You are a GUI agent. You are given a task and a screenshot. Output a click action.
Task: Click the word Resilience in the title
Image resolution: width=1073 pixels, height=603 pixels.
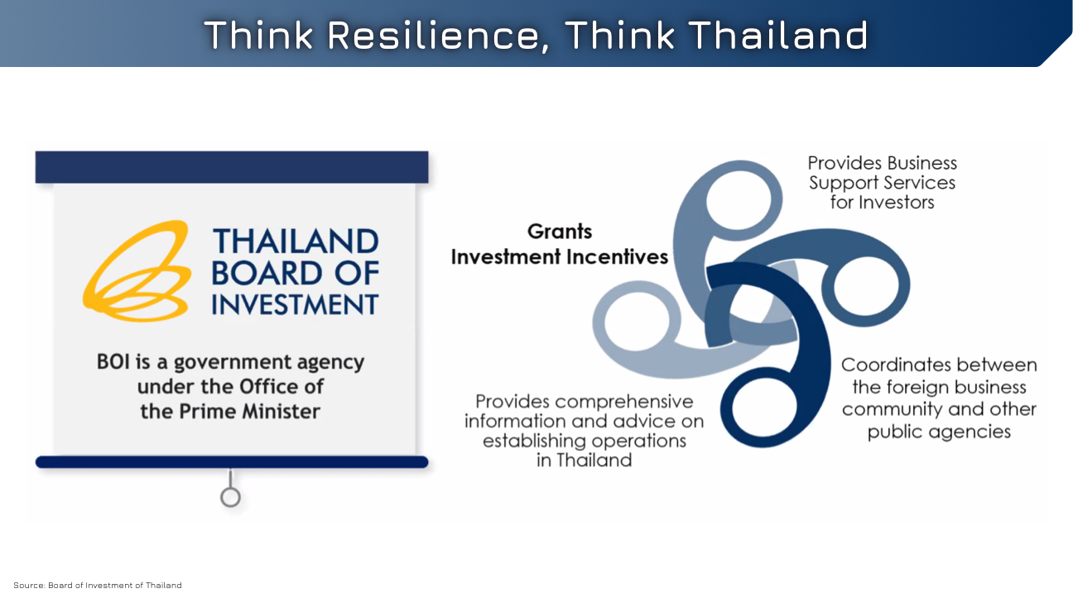(x=439, y=36)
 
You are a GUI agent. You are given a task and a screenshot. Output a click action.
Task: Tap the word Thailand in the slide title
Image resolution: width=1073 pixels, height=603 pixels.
(x=780, y=36)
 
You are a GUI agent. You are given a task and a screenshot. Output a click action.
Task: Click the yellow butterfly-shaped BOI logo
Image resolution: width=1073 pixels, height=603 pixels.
(x=137, y=270)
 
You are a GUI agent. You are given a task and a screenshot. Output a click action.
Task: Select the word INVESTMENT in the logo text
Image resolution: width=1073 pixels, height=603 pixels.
(x=295, y=304)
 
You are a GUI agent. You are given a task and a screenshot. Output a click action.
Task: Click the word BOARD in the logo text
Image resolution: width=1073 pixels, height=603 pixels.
(x=269, y=273)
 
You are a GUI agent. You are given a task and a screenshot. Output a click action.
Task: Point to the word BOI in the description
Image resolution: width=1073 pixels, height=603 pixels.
(x=113, y=361)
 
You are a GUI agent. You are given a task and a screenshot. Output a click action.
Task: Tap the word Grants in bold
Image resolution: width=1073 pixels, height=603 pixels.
(x=560, y=232)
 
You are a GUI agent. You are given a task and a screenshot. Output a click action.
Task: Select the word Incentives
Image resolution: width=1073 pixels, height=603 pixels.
(x=617, y=257)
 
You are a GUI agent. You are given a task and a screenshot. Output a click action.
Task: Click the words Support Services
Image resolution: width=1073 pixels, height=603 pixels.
(x=882, y=183)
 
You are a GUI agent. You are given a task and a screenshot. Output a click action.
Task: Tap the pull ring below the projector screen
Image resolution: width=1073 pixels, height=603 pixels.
(x=230, y=497)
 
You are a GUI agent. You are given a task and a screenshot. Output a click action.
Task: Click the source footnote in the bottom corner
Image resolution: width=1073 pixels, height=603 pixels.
(x=98, y=586)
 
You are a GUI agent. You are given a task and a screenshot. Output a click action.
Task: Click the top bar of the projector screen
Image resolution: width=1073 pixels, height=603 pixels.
(x=232, y=167)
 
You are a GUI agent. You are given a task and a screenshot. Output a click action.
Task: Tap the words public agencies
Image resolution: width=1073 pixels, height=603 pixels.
(x=939, y=432)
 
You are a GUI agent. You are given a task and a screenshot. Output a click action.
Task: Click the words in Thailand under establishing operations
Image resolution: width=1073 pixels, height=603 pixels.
(x=584, y=461)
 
